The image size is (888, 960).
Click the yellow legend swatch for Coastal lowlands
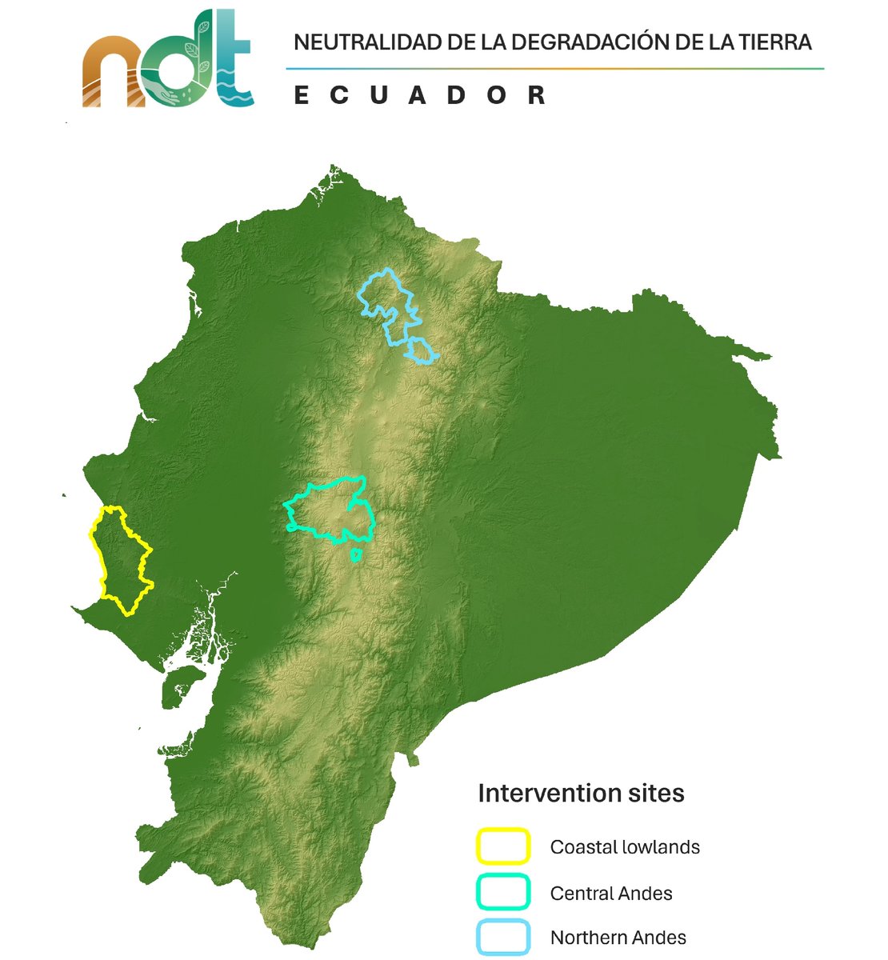503,846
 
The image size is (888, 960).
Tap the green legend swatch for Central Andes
503,892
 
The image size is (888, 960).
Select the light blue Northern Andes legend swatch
503,937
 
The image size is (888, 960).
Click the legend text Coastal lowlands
624,847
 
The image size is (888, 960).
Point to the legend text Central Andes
610,893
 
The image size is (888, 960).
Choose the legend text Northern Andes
618,938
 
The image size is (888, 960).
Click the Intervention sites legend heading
581,793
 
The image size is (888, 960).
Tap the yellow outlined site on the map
121,560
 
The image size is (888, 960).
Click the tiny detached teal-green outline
357,554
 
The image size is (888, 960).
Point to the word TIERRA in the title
769,42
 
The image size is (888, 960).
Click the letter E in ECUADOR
302,95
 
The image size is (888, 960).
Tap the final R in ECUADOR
537,95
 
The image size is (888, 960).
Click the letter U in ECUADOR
379,95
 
